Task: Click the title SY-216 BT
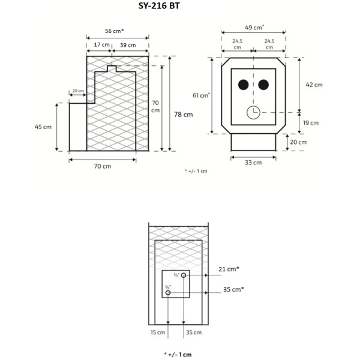[x=155, y=7]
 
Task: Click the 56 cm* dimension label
[x=113, y=30]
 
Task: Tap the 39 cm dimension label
[x=127, y=45]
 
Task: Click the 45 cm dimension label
[x=43, y=127]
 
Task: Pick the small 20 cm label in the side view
[x=78, y=91]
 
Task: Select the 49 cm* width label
[x=254, y=27]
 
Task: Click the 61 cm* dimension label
[x=201, y=95]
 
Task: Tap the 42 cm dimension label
[x=314, y=85]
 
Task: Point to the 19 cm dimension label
[x=311, y=122]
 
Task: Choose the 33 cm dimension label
[x=253, y=163]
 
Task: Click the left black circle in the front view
[x=243, y=85]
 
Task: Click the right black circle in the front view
[x=263, y=85]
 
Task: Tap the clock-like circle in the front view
[x=253, y=112]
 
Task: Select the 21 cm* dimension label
[x=229, y=269]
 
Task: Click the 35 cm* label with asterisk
[x=233, y=289]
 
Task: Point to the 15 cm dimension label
[x=158, y=332]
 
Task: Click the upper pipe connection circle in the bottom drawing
[x=184, y=275]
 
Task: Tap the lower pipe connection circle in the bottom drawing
[x=168, y=292]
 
